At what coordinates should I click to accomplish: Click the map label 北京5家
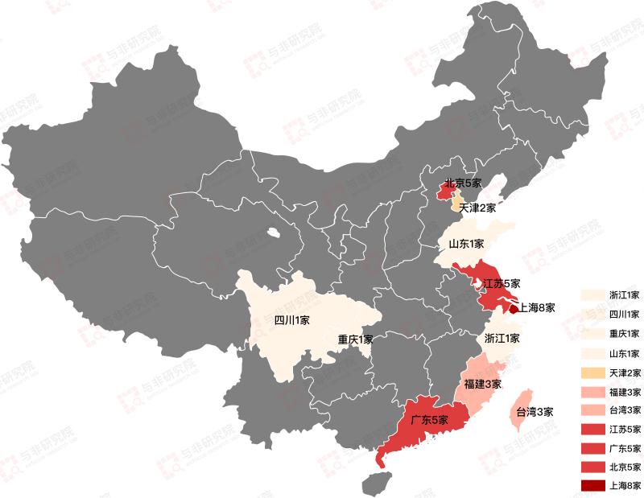click(x=463, y=183)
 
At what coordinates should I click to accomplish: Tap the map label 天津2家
click(x=473, y=208)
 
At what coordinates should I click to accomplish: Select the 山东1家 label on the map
click(x=466, y=244)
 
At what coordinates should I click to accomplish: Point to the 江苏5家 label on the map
click(x=502, y=284)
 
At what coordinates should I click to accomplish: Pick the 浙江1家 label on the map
click(x=502, y=339)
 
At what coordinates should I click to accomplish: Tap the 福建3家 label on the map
click(x=483, y=384)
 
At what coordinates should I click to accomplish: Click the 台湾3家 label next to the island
click(x=535, y=412)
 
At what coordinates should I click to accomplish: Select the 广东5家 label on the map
click(x=428, y=419)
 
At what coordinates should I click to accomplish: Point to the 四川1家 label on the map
click(x=292, y=320)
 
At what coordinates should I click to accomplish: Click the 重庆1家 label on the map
click(x=355, y=339)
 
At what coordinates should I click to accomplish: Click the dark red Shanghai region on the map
click(x=514, y=307)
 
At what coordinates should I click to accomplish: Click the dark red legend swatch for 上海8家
click(x=592, y=485)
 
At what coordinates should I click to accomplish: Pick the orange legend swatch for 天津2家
click(x=592, y=372)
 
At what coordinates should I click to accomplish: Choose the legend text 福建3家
click(x=625, y=392)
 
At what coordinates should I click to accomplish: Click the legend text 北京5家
click(x=625, y=467)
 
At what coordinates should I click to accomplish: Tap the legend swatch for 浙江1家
click(x=592, y=294)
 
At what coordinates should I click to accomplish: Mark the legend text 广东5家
click(x=625, y=448)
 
